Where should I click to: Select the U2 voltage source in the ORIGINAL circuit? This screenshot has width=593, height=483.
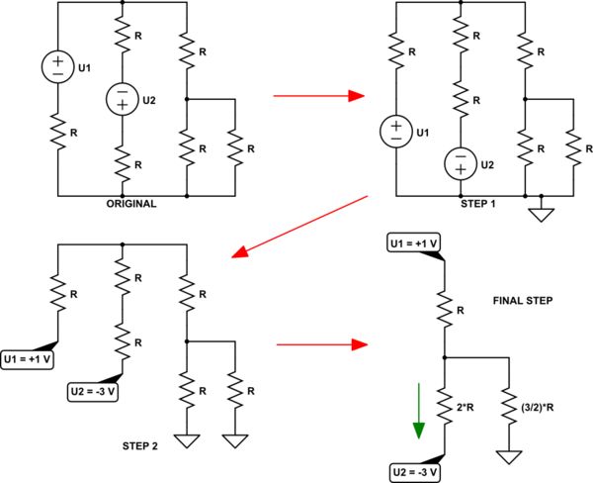pos(122,99)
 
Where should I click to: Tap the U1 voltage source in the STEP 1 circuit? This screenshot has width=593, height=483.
pos(394,131)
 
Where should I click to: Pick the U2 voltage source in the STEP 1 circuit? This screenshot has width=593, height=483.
pos(460,162)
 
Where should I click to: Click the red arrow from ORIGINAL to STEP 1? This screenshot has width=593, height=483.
pos(313,97)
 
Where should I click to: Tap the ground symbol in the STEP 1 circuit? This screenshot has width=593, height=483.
pos(542,212)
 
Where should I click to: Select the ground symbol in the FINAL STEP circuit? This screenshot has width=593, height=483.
pos(509,456)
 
